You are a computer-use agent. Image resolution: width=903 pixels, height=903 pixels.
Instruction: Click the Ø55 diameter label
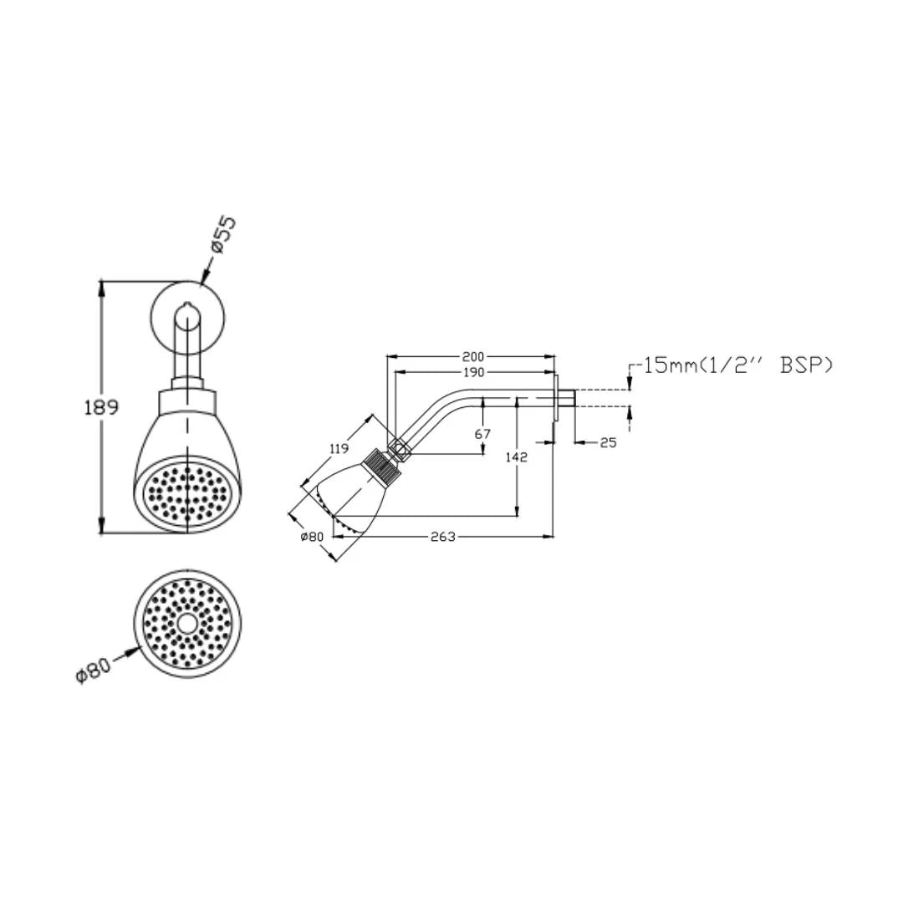click(x=223, y=235)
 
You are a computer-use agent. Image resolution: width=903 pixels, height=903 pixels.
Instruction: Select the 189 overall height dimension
click(x=101, y=407)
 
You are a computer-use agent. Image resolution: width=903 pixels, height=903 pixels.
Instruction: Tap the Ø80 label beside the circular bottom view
click(x=93, y=671)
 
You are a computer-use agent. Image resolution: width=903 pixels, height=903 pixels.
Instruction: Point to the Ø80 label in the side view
click(x=311, y=537)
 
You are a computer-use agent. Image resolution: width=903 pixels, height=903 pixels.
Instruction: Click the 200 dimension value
click(x=473, y=357)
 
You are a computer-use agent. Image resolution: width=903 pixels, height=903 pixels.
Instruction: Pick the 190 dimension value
click(x=473, y=372)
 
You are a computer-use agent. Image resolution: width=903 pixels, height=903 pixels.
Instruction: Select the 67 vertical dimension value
click(x=482, y=434)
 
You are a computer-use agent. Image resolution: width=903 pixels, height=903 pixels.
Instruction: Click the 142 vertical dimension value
click(x=518, y=457)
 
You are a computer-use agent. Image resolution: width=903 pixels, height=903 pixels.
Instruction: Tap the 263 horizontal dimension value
click(x=441, y=537)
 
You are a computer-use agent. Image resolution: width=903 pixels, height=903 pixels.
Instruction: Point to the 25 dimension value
click(x=608, y=442)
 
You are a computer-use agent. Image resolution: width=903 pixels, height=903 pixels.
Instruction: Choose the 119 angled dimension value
click(x=339, y=448)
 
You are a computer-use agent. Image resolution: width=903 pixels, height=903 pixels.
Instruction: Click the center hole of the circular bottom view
click(x=186, y=624)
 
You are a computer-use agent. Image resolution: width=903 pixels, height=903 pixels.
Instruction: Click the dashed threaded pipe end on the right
click(x=600, y=397)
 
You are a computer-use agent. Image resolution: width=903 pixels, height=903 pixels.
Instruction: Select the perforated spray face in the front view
click(x=186, y=494)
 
